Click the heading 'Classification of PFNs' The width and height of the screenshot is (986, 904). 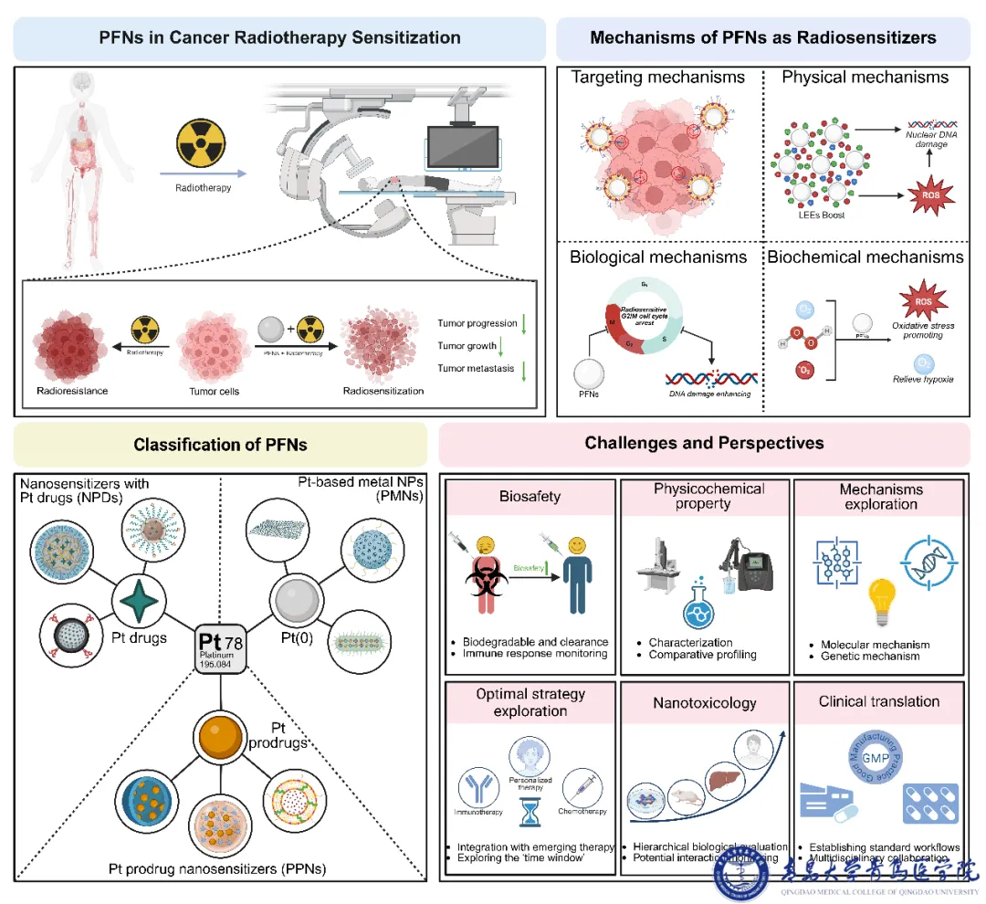220,446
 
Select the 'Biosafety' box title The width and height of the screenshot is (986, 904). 530,496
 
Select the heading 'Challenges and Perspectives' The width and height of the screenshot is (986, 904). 704,444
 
